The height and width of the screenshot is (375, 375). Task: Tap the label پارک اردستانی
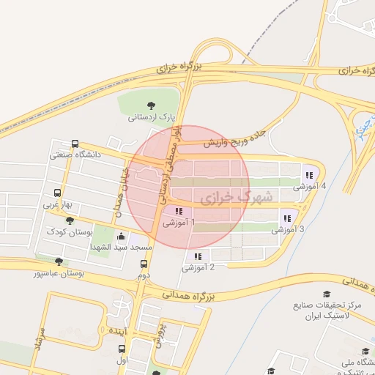[152, 116]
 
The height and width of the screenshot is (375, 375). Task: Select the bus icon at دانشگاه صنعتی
[75, 144]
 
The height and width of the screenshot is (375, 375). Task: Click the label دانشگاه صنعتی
[75, 155]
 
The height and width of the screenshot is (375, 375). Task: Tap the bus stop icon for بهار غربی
[58, 194]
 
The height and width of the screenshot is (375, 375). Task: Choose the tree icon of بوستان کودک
[70, 220]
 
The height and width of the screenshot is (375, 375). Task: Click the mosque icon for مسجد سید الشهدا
[121, 237]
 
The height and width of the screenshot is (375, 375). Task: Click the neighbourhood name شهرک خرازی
[235, 197]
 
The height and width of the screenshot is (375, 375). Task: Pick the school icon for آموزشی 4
[309, 175]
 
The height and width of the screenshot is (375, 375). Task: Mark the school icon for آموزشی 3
[286, 218]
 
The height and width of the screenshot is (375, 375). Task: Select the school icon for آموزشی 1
[179, 212]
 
